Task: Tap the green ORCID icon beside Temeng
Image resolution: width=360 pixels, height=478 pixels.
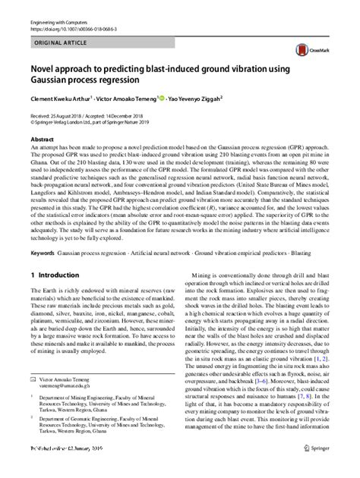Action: pos(161,97)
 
